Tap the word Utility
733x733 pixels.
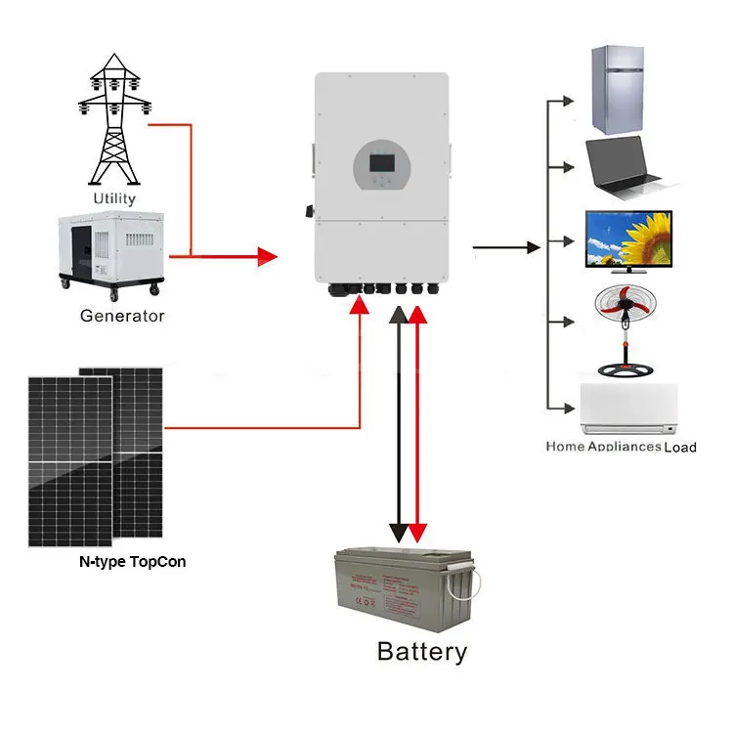pos(114,198)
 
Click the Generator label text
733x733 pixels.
pos(122,316)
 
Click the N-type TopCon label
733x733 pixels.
pos(132,562)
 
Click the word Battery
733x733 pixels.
pos(422,651)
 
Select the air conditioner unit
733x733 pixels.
pos(628,409)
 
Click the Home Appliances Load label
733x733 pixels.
pos(621,447)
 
